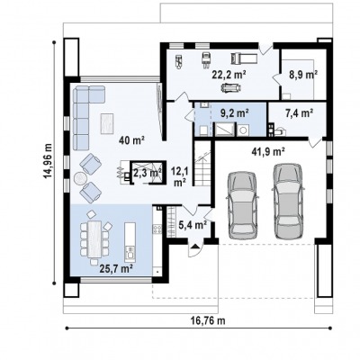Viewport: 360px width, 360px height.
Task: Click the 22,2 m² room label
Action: point(229,75)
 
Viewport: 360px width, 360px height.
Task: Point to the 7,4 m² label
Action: point(299,112)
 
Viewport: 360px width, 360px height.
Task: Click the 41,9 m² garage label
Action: point(268,152)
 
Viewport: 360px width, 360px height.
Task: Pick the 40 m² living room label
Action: point(131,139)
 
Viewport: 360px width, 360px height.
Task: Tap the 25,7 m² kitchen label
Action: point(116,268)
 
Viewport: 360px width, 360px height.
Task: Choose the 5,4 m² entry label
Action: point(193,224)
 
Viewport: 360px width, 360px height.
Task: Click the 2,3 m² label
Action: point(148,173)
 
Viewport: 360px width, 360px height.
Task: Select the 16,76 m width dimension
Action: point(208,320)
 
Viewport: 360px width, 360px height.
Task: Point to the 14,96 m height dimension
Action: point(48,161)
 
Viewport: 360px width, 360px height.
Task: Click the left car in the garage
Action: point(243,204)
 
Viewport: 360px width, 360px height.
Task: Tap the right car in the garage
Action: point(288,201)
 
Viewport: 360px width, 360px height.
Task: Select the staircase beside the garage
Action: point(202,169)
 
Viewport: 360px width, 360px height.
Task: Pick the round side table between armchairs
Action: point(80,179)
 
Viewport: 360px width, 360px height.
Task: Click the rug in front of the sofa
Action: point(107,124)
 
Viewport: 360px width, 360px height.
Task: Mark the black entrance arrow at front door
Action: point(195,247)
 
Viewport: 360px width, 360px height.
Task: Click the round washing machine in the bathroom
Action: point(243,130)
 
